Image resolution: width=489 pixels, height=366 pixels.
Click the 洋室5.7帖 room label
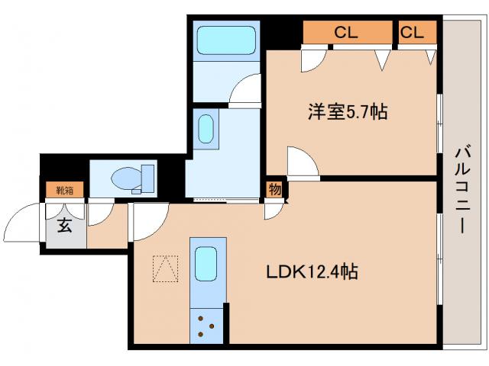(347, 113)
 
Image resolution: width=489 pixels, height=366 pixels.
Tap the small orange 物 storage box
(273, 189)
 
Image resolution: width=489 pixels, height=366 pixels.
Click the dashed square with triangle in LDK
(164, 268)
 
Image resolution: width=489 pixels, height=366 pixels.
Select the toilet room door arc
(99, 215)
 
